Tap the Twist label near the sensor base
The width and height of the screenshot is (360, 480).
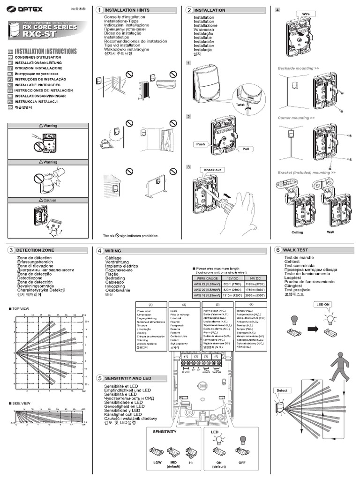point(240,105)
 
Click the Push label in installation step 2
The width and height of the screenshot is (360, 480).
point(201,145)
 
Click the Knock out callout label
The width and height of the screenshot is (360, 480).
point(212,170)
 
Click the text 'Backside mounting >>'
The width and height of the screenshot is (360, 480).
point(299,68)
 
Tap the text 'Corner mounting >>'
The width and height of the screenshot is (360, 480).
point(296,118)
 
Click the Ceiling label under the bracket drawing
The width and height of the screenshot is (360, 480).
point(297,232)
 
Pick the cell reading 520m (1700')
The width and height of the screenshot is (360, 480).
point(229,284)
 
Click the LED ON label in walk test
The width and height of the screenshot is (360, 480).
point(323,305)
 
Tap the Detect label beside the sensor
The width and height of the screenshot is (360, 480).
point(282,390)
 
